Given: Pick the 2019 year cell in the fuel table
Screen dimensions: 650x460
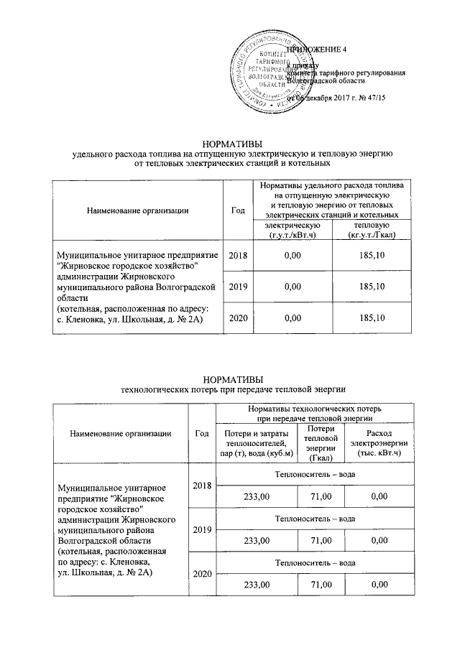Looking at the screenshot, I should click(236, 287).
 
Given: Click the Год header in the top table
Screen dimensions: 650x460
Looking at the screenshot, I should click(236, 210).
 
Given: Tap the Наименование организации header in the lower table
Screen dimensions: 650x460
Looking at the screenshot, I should click(120, 432).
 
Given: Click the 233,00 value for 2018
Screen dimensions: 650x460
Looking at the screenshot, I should click(257, 496).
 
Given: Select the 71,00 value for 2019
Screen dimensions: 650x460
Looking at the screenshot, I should click(321, 539).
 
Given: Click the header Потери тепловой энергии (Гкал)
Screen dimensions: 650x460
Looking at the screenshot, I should click(321, 443).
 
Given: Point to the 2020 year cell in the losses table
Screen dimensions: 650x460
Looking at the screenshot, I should click(203, 574).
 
